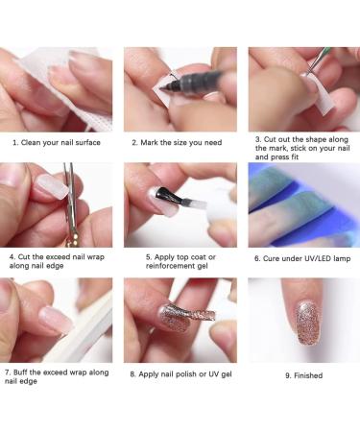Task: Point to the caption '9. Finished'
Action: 303,375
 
